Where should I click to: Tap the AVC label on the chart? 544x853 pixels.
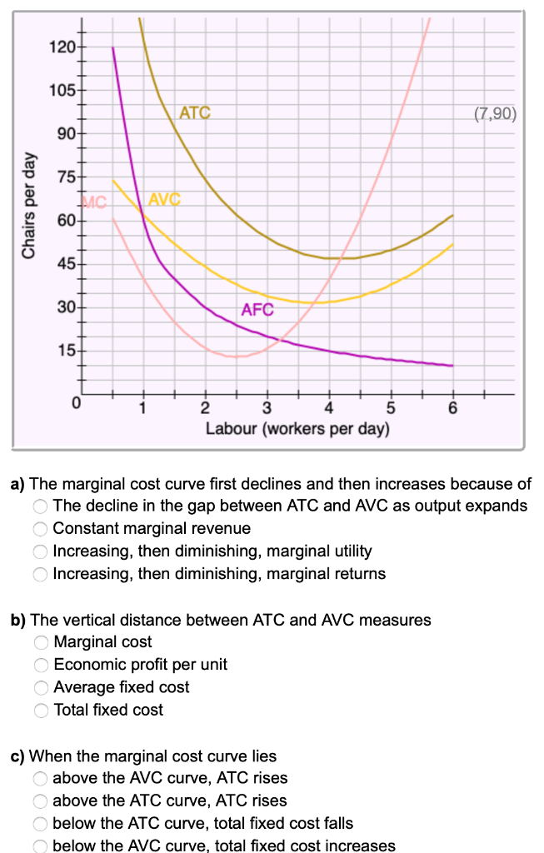164,200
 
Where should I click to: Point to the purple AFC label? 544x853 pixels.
257,311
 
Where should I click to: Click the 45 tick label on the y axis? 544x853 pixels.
65,264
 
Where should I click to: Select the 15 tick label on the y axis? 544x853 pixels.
65,351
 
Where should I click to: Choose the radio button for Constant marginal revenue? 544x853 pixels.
40,528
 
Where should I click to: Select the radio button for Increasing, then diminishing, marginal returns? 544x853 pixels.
40,574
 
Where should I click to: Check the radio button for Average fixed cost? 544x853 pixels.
40,688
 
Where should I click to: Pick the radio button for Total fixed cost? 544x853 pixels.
40,711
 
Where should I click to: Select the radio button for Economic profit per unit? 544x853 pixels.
40,665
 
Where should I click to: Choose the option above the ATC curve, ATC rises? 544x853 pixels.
40,801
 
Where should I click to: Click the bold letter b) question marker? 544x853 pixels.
17,620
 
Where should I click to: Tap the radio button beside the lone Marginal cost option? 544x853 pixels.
40,642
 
